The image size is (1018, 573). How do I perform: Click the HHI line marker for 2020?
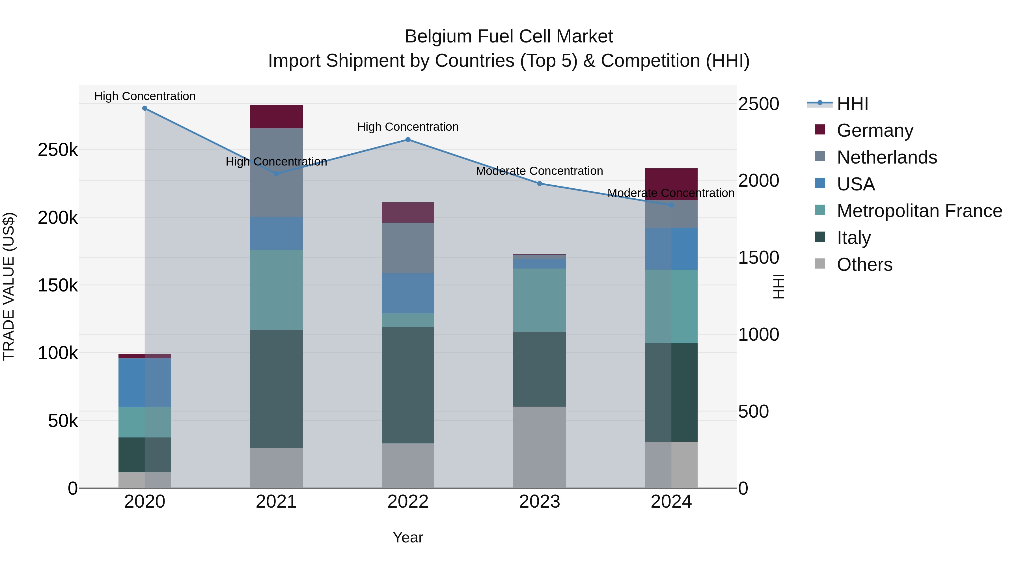pyautogui.click(x=144, y=108)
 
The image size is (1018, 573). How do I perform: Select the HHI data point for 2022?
pyautogui.click(x=408, y=140)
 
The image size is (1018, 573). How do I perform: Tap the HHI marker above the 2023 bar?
pyautogui.click(x=540, y=183)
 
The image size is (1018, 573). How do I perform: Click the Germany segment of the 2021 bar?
pyautogui.click(x=276, y=117)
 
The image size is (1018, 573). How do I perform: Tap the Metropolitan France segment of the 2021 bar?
pyautogui.click(x=276, y=289)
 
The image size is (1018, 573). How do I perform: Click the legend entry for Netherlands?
pyautogui.click(x=887, y=157)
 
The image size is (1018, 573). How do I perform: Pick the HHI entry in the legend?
pyautogui.click(x=852, y=104)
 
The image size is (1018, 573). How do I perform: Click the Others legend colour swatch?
pyautogui.click(x=820, y=264)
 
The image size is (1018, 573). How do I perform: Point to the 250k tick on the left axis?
pyautogui.click(x=58, y=150)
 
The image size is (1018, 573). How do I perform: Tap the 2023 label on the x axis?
pyautogui.click(x=540, y=502)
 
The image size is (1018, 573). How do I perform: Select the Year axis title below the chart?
pyautogui.click(x=408, y=537)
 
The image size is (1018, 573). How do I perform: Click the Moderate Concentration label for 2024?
pyautogui.click(x=671, y=193)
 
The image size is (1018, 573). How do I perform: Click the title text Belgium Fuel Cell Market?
pyautogui.click(x=509, y=37)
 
